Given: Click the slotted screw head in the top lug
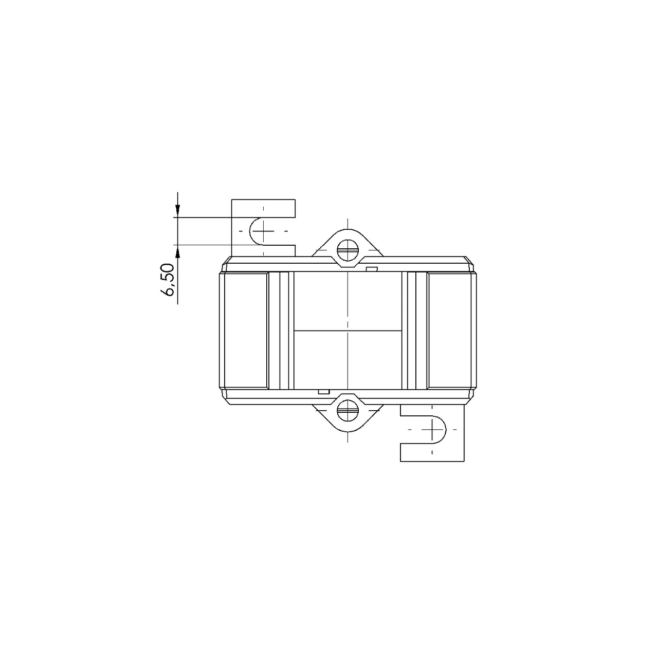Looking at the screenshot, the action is coord(348,250).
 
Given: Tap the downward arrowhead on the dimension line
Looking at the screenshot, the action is coord(177,210).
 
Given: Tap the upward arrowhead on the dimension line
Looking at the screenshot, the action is coord(177,251).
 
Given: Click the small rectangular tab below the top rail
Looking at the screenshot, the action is coord(372,269).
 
